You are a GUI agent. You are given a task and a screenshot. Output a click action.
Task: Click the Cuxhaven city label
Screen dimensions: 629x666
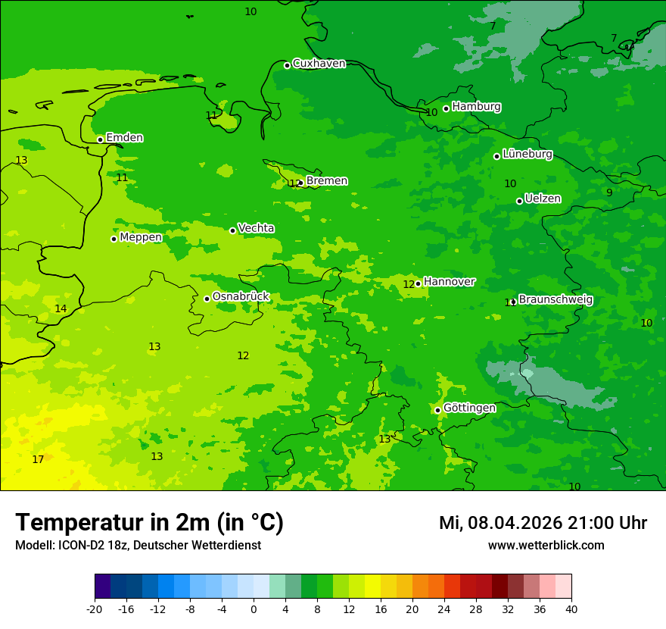pyautogui.click(x=319, y=64)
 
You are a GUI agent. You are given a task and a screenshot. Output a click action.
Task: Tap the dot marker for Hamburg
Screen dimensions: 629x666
pyautogui.click(x=447, y=108)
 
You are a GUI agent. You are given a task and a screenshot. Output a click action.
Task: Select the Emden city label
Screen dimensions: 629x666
pyautogui.click(x=124, y=138)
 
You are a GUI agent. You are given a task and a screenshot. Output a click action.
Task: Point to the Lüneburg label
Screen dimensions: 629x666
pyautogui.click(x=528, y=154)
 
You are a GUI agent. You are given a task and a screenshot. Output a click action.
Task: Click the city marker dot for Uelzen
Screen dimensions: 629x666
pyautogui.click(x=519, y=201)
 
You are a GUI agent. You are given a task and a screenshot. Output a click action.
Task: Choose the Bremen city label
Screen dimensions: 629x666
pyautogui.click(x=327, y=181)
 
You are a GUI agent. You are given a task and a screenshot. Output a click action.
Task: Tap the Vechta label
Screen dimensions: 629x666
pyautogui.click(x=256, y=228)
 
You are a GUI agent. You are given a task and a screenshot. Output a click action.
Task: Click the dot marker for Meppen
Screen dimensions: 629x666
pyautogui.click(x=114, y=239)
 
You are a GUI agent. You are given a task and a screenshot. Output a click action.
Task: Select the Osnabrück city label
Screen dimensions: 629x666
pyautogui.click(x=241, y=296)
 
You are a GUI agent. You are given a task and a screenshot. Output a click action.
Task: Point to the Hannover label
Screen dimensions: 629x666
pyautogui.click(x=450, y=282)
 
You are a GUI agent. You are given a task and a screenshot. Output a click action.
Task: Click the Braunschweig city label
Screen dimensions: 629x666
pyautogui.click(x=556, y=300)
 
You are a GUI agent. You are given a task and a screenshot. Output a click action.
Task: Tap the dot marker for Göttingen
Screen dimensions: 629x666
pyautogui.click(x=437, y=410)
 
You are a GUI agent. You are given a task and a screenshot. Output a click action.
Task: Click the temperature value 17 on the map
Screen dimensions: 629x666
pyautogui.click(x=38, y=460)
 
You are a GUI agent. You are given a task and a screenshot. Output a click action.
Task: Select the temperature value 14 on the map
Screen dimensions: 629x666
pyautogui.click(x=61, y=308)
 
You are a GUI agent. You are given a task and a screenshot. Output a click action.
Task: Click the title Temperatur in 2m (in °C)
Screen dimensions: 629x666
pyautogui.click(x=149, y=523)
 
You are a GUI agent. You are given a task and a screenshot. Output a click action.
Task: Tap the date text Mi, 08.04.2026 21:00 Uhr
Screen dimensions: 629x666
pyautogui.click(x=543, y=523)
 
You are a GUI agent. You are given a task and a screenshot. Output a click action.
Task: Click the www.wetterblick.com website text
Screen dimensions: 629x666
pyautogui.click(x=546, y=546)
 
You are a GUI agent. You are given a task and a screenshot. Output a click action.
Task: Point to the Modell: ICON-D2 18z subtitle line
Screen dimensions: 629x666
pyautogui.click(x=138, y=546)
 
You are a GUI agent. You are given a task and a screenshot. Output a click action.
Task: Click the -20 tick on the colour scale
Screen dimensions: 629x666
pyautogui.click(x=95, y=609)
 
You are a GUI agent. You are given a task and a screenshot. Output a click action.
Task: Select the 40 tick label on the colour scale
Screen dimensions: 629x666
pyautogui.click(x=571, y=609)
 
